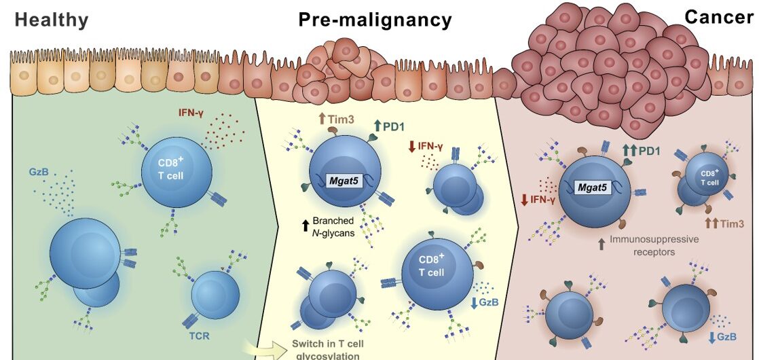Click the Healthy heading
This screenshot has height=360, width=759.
(52, 20)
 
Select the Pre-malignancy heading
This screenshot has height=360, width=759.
(375, 20)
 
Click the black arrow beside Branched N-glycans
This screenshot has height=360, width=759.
(306, 222)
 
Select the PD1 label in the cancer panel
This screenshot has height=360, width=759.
(648, 150)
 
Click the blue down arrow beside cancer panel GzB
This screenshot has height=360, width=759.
(714, 337)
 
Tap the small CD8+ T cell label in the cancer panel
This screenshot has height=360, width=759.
(710, 178)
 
